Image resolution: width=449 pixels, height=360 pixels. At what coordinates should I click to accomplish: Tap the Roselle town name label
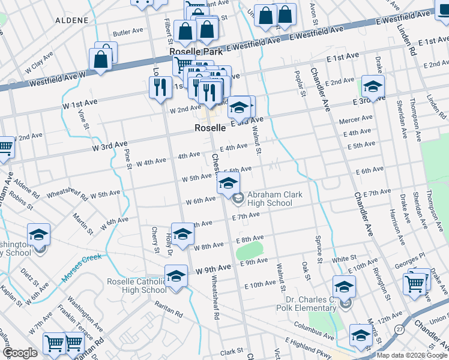pyautogui.click(x=210, y=128)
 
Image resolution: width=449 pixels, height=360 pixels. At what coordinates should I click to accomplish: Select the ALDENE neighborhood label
pyautogui.click(x=71, y=20)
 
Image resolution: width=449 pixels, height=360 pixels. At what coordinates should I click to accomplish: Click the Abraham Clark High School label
pyautogui.click(x=270, y=199)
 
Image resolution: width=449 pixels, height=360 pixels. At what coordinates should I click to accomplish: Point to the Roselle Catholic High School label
pyautogui.click(x=136, y=286)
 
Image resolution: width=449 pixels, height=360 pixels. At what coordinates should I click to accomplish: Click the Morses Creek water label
pyautogui.click(x=80, y=268)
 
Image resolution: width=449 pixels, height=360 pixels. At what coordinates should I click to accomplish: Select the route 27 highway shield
pyautogui.click(x=399, y=329)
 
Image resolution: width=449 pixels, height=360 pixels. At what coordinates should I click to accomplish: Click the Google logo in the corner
pyautogui.click(x=20, y=353)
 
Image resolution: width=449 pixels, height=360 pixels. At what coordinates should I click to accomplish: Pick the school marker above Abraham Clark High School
pyautogui.click(x=228, y=184)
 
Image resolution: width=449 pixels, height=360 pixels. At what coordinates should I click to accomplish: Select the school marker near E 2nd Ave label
pyautogui.click(x=373, y=87)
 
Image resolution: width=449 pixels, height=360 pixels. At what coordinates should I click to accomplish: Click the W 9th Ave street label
pyautogui.click(x=213, y=268)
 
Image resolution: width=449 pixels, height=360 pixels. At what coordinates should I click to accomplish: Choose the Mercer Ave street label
pyautogui.click(x=356, y=120)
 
